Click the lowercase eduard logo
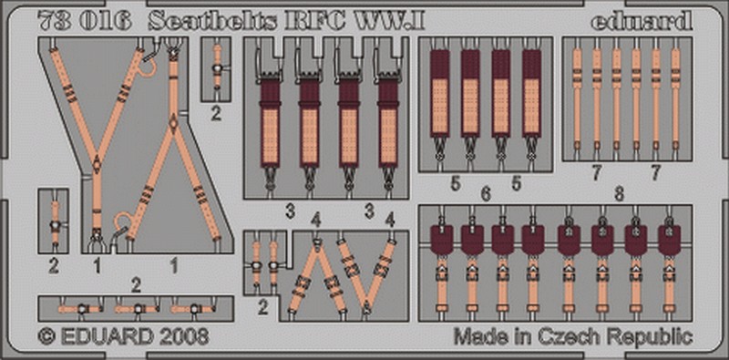click(x=642, y=22)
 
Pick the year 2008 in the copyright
click(x=184, y=336)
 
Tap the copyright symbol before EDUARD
click(x=47, y=336)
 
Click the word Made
click(x=483, y=335)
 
